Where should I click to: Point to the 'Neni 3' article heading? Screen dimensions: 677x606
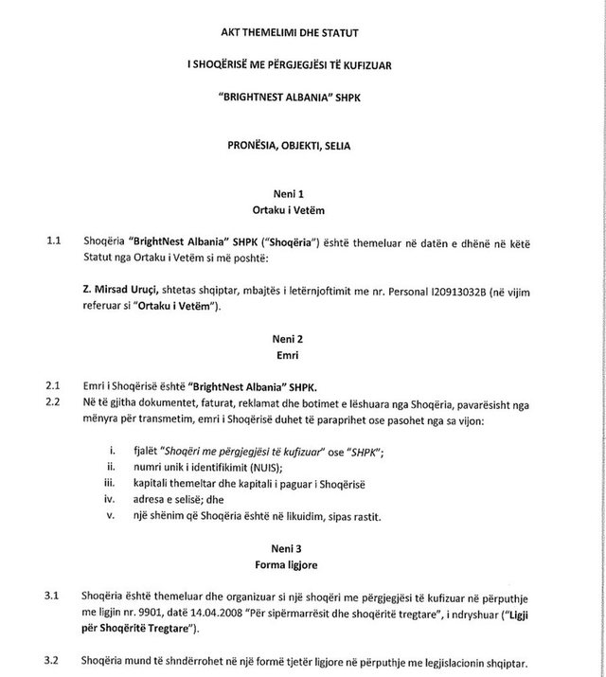point(305,549)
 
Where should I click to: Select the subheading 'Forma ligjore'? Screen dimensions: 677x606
point(305,565)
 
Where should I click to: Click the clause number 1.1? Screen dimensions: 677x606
point(55,241)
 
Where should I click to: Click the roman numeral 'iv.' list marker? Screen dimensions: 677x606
point(113,499)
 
